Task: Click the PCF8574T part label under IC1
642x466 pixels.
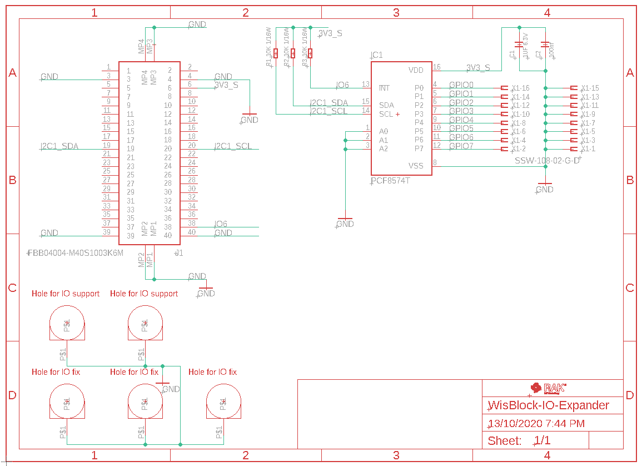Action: [x=390, y=181]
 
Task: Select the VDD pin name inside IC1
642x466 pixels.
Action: [x=416, y=70]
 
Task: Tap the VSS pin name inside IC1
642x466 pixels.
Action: [x=416, y=166]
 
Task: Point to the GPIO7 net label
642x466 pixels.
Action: [x=461, y=146]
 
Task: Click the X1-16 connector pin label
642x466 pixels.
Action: [x=520, y=88]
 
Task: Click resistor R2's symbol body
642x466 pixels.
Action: [x=293, y=53]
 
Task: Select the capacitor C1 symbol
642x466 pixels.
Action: [x=519, y=44]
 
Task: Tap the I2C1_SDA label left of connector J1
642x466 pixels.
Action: [x=59, y=146]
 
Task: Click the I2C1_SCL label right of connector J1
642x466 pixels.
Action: [x=233, y=146]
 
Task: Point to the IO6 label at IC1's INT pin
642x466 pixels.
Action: [x=342, y=85]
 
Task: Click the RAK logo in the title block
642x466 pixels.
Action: [x=548, y=388]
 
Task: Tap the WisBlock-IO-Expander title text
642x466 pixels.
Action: [x=548, y=405]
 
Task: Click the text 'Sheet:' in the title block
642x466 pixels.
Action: [x=505, y=441]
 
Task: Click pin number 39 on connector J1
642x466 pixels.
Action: [x=107, y=232]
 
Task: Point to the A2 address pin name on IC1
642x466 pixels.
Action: [x=384, y=148]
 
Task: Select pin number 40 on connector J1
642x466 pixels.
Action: [x=191, y=232]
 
